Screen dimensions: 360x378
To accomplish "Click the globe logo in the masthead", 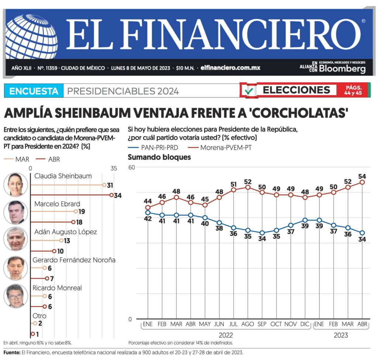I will click(31, 37).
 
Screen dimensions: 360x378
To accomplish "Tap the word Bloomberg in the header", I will click(342, 69).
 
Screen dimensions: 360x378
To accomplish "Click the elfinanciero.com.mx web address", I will click(230, 68).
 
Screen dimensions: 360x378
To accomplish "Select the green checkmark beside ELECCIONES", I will click(250, 90).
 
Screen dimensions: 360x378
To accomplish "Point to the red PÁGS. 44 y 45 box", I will click(353, 90).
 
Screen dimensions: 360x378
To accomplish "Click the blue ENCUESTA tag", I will click(34, 91).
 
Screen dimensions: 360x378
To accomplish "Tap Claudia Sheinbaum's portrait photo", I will click(16, 184).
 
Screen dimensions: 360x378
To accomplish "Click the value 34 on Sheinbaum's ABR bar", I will click(118, 196).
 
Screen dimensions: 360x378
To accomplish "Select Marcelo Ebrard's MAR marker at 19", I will click(76, 212).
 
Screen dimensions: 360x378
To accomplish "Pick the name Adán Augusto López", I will click(65, 232).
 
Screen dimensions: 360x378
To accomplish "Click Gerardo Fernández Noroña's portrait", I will click(16, 268).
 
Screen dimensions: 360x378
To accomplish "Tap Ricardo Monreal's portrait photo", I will click(16, 296).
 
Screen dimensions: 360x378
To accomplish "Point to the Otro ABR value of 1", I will click(38, 334).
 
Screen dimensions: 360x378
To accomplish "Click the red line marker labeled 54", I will click(362, 182).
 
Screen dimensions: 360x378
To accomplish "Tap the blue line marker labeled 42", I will click(148, 213).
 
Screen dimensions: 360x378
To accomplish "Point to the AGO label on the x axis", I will click(248, 324).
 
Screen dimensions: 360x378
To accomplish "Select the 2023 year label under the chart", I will click(340, 335).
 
